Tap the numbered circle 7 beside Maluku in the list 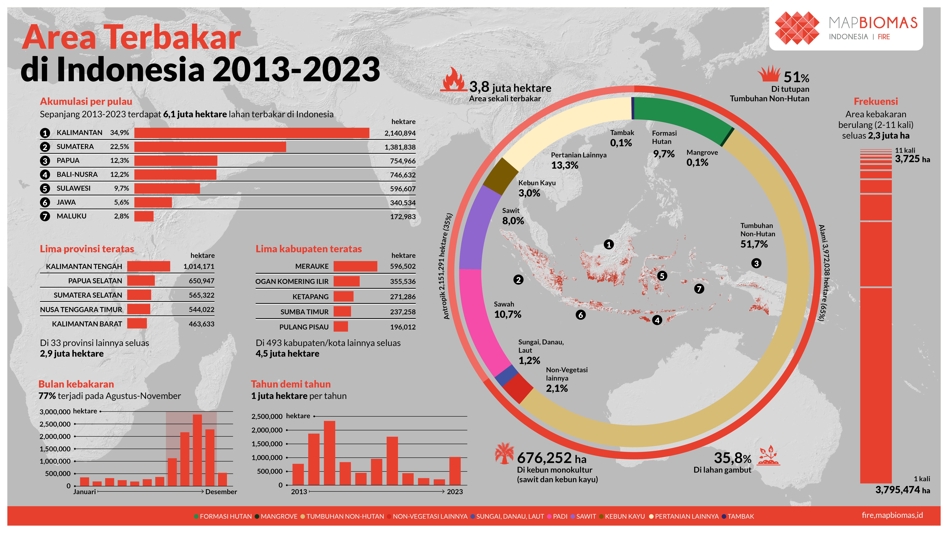45,216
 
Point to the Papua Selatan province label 95,281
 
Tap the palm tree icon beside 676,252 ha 504,453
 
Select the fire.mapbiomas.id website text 892,515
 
